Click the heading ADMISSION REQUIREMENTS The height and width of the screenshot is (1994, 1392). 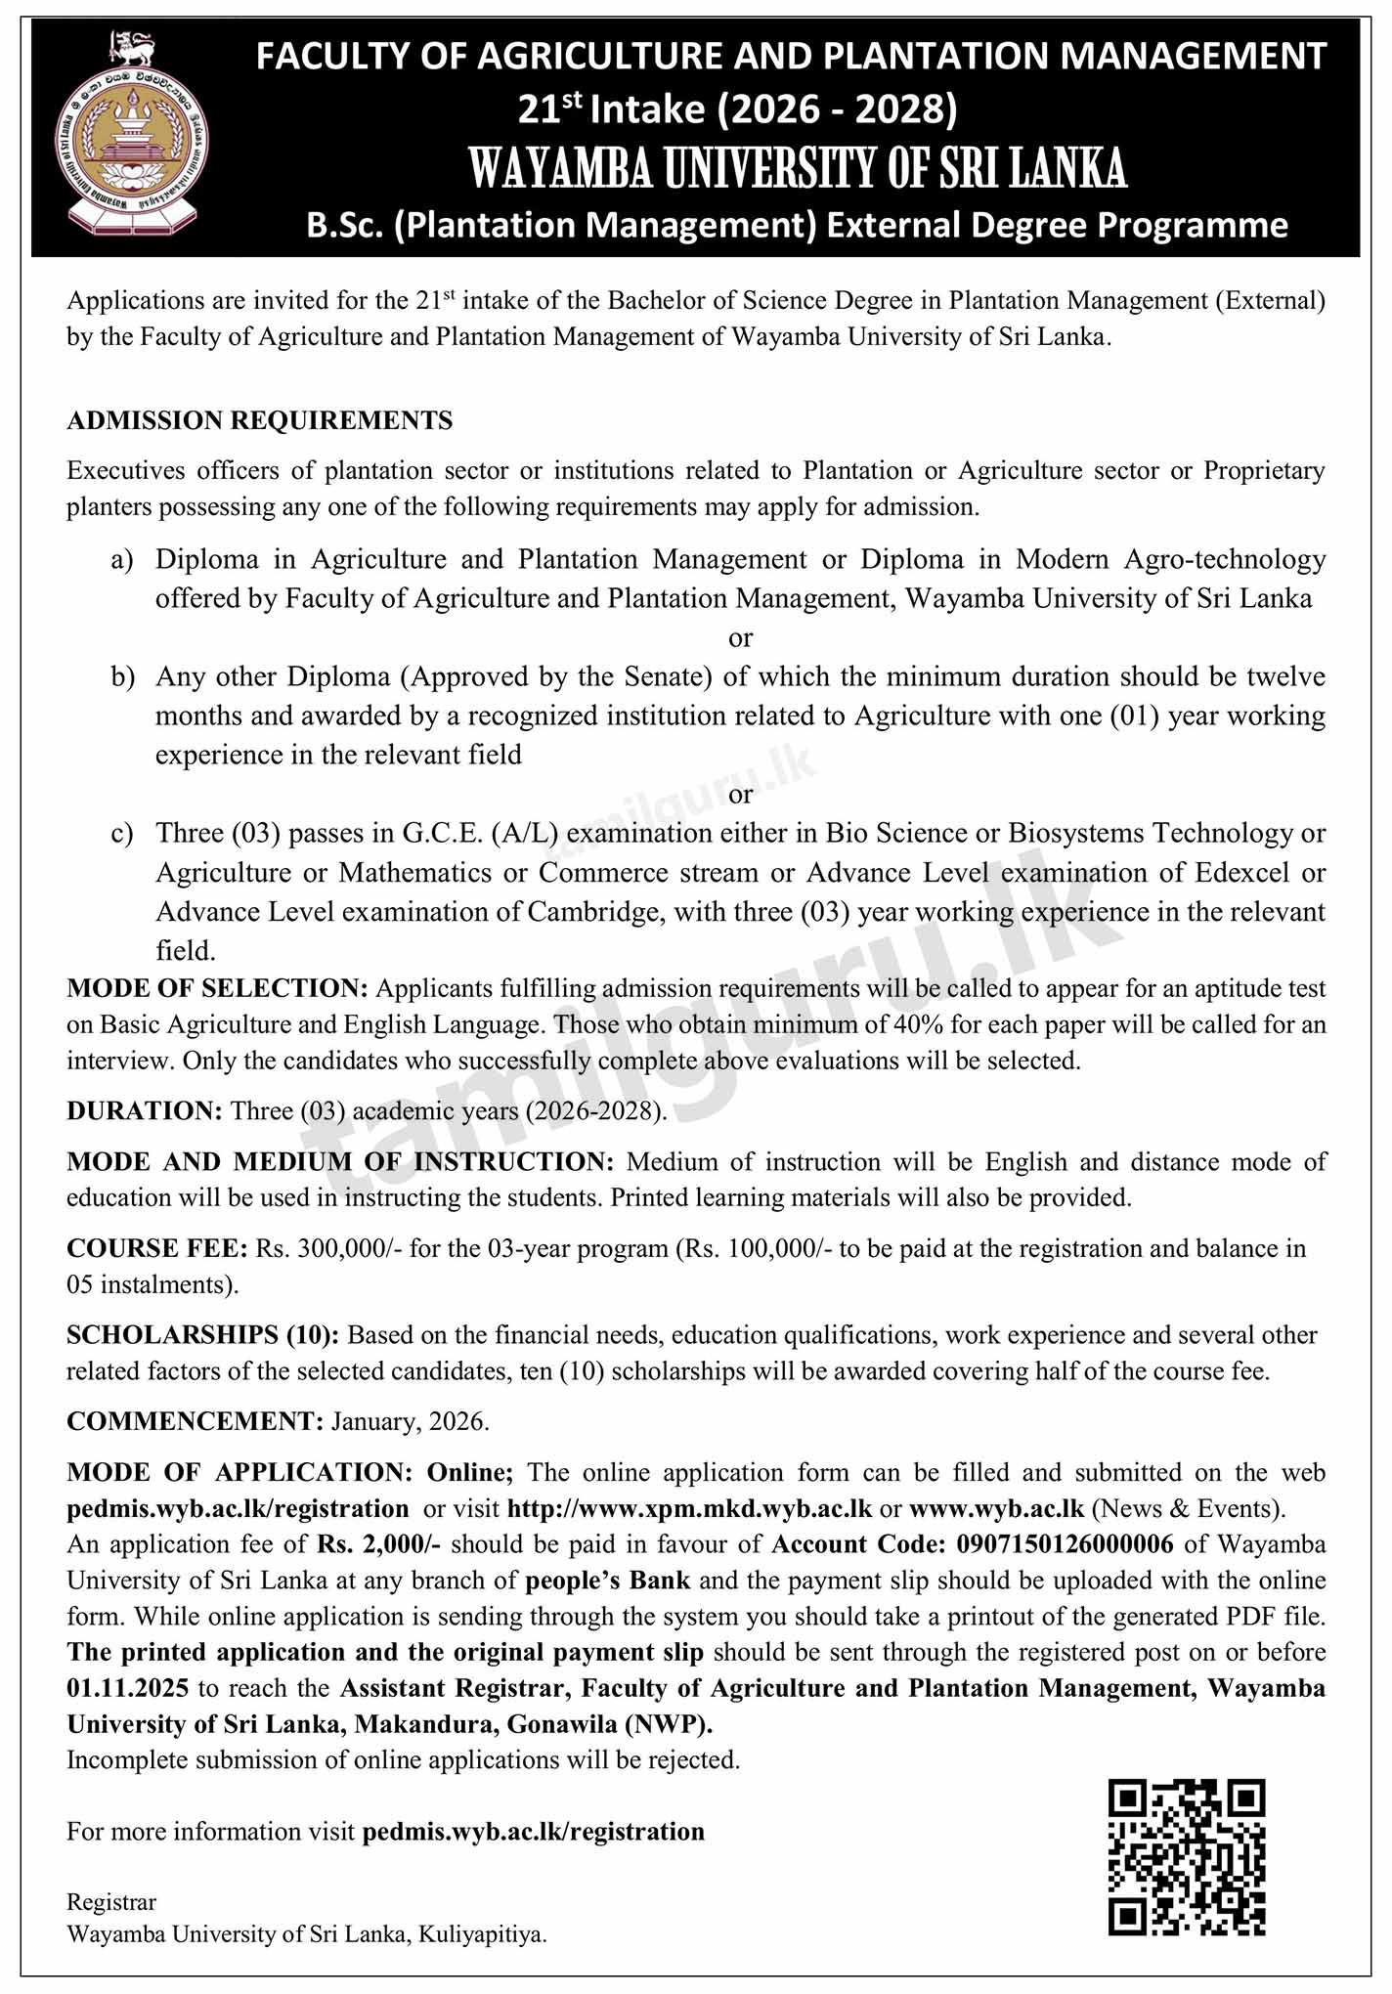[x=259, y=421]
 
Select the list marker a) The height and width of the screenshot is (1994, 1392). [x=122, y=560]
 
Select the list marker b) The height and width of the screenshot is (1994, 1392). [x=122, y=677]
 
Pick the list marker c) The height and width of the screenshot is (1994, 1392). [x=122, y=834]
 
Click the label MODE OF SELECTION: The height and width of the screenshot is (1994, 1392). [x=217, y=988]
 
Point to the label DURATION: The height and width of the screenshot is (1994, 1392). [x=145, y=1111]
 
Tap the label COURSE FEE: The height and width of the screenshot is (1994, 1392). [x=156, y=1249]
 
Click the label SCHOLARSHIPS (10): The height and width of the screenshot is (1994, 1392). [x=202, y=1335]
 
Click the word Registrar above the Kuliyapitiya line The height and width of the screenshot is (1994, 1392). [x=110, y=1902]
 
